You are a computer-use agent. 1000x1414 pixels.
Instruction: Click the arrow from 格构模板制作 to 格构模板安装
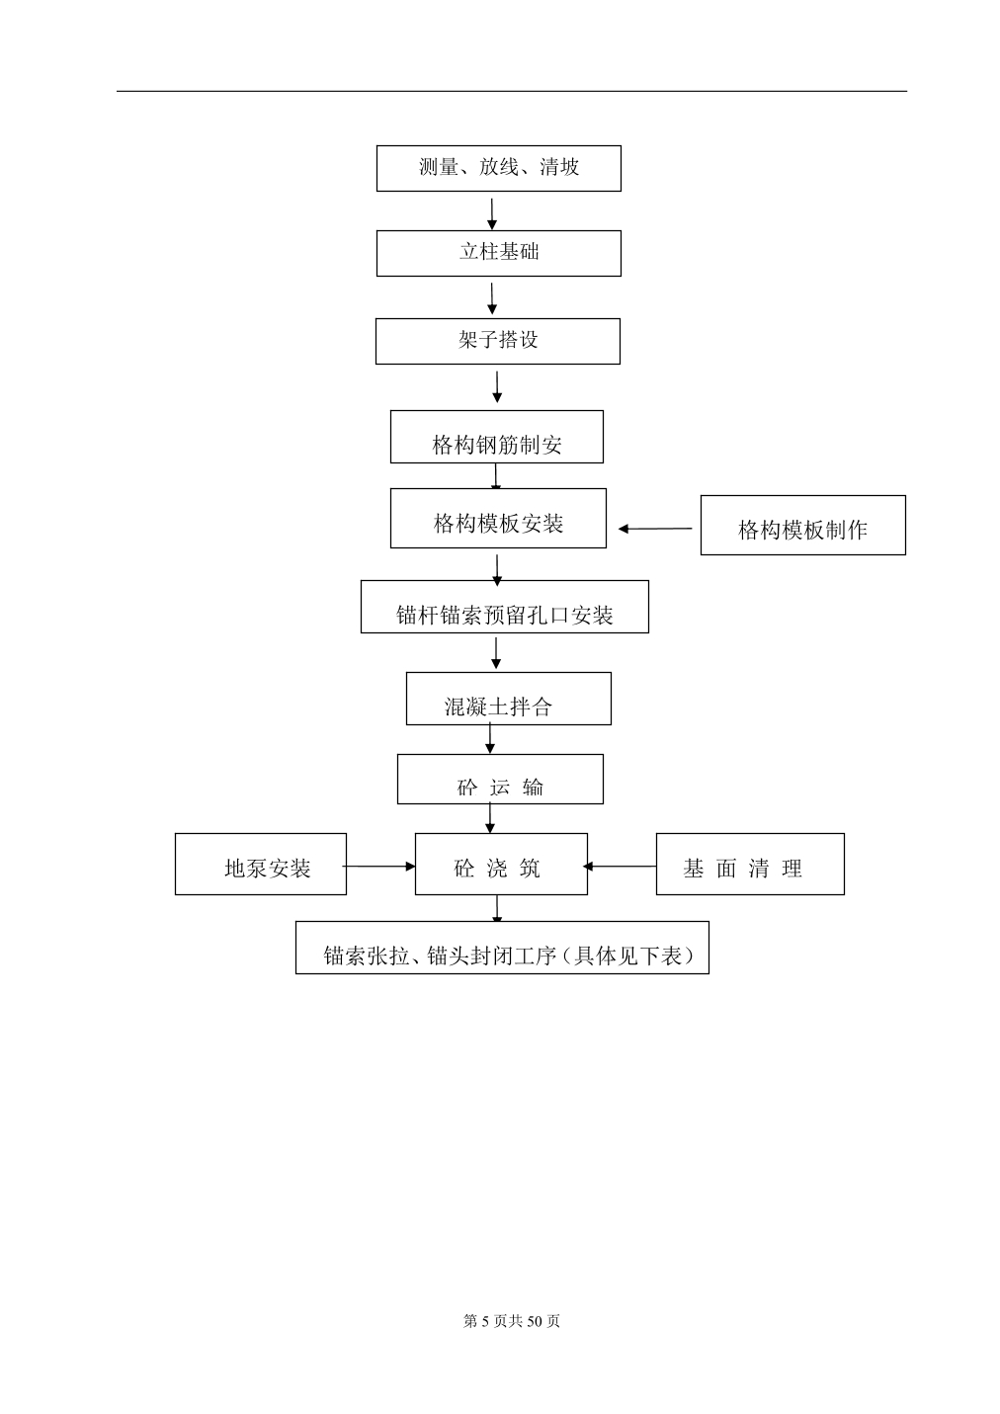tap(655, 529)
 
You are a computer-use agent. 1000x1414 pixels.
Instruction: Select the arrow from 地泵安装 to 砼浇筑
tap(378, 867)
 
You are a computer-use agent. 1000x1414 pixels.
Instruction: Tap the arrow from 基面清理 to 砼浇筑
tap(620, 867)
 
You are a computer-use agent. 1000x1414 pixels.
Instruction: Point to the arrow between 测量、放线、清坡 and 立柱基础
tap(492, 214)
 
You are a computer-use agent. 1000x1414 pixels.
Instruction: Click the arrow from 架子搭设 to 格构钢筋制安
tap(497, 387)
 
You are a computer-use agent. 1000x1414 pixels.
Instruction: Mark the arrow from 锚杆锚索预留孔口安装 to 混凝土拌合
tap(496, 653)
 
